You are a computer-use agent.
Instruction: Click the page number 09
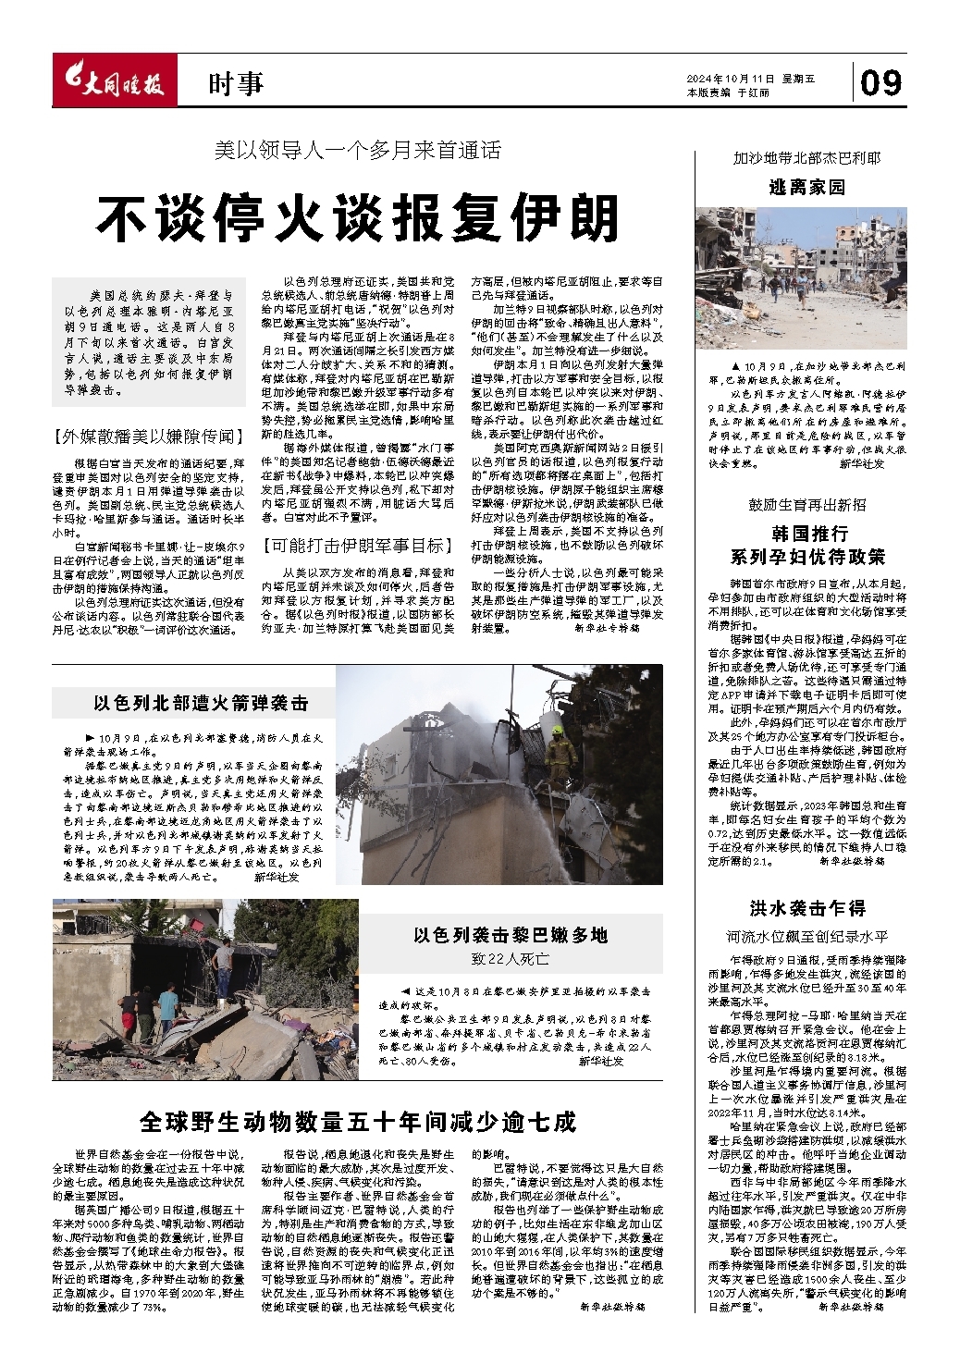pos(880,83)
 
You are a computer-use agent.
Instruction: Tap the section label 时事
pos(236,85)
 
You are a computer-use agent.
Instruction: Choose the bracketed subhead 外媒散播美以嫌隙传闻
pos(149,435)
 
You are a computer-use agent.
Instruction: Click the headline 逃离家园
pos(807,187)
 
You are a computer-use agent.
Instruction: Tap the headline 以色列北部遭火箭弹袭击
pos(201,703)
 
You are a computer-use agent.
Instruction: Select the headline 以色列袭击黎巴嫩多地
pos(511,934)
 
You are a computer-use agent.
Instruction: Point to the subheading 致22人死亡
pos(511,959)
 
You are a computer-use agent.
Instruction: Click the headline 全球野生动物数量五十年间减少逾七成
pos(358,1121)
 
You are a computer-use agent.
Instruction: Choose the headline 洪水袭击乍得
pos(807,907)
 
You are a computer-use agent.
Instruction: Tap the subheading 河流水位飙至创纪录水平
pos(807,937)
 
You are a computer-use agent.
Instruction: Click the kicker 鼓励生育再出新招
pos(807,504)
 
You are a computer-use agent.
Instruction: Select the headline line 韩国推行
pos(807,534)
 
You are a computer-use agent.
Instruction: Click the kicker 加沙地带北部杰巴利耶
pos(807,158)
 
